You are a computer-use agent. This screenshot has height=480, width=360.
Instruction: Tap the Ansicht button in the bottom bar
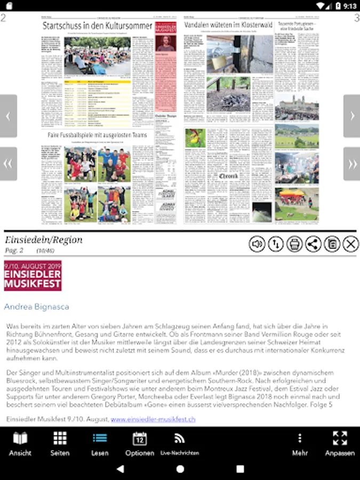coord(20,444)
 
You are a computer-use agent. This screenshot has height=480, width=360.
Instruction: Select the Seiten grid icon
coord(60,444)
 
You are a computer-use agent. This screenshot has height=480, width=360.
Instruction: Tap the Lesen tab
coord(100,444)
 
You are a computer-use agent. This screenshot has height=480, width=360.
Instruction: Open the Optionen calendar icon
coord(140,444)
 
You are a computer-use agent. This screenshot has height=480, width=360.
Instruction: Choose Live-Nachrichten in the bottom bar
coord(180,444)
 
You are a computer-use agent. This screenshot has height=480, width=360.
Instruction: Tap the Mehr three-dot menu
coord(300,444)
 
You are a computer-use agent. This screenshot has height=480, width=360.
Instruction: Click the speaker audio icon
coord(257,244)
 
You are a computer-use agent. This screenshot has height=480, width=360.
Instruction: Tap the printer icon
coord(294,244)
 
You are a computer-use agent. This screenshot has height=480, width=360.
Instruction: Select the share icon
coord(313,244)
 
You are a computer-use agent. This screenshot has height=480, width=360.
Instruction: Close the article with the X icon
coord(350,244)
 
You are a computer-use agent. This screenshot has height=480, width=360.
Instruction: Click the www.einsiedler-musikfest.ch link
coord(153,419)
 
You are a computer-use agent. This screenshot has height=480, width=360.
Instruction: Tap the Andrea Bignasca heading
coord(36,307)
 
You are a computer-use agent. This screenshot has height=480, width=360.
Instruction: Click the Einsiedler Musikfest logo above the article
coord(33,276)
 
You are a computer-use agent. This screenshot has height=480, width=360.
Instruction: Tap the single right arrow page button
coord(351,116)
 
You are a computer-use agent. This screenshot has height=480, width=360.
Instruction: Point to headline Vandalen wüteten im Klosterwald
coord(228,25)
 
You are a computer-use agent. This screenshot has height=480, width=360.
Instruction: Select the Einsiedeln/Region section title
coord(44,239)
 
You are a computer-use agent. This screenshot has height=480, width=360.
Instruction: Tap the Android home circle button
coord(180,469)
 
